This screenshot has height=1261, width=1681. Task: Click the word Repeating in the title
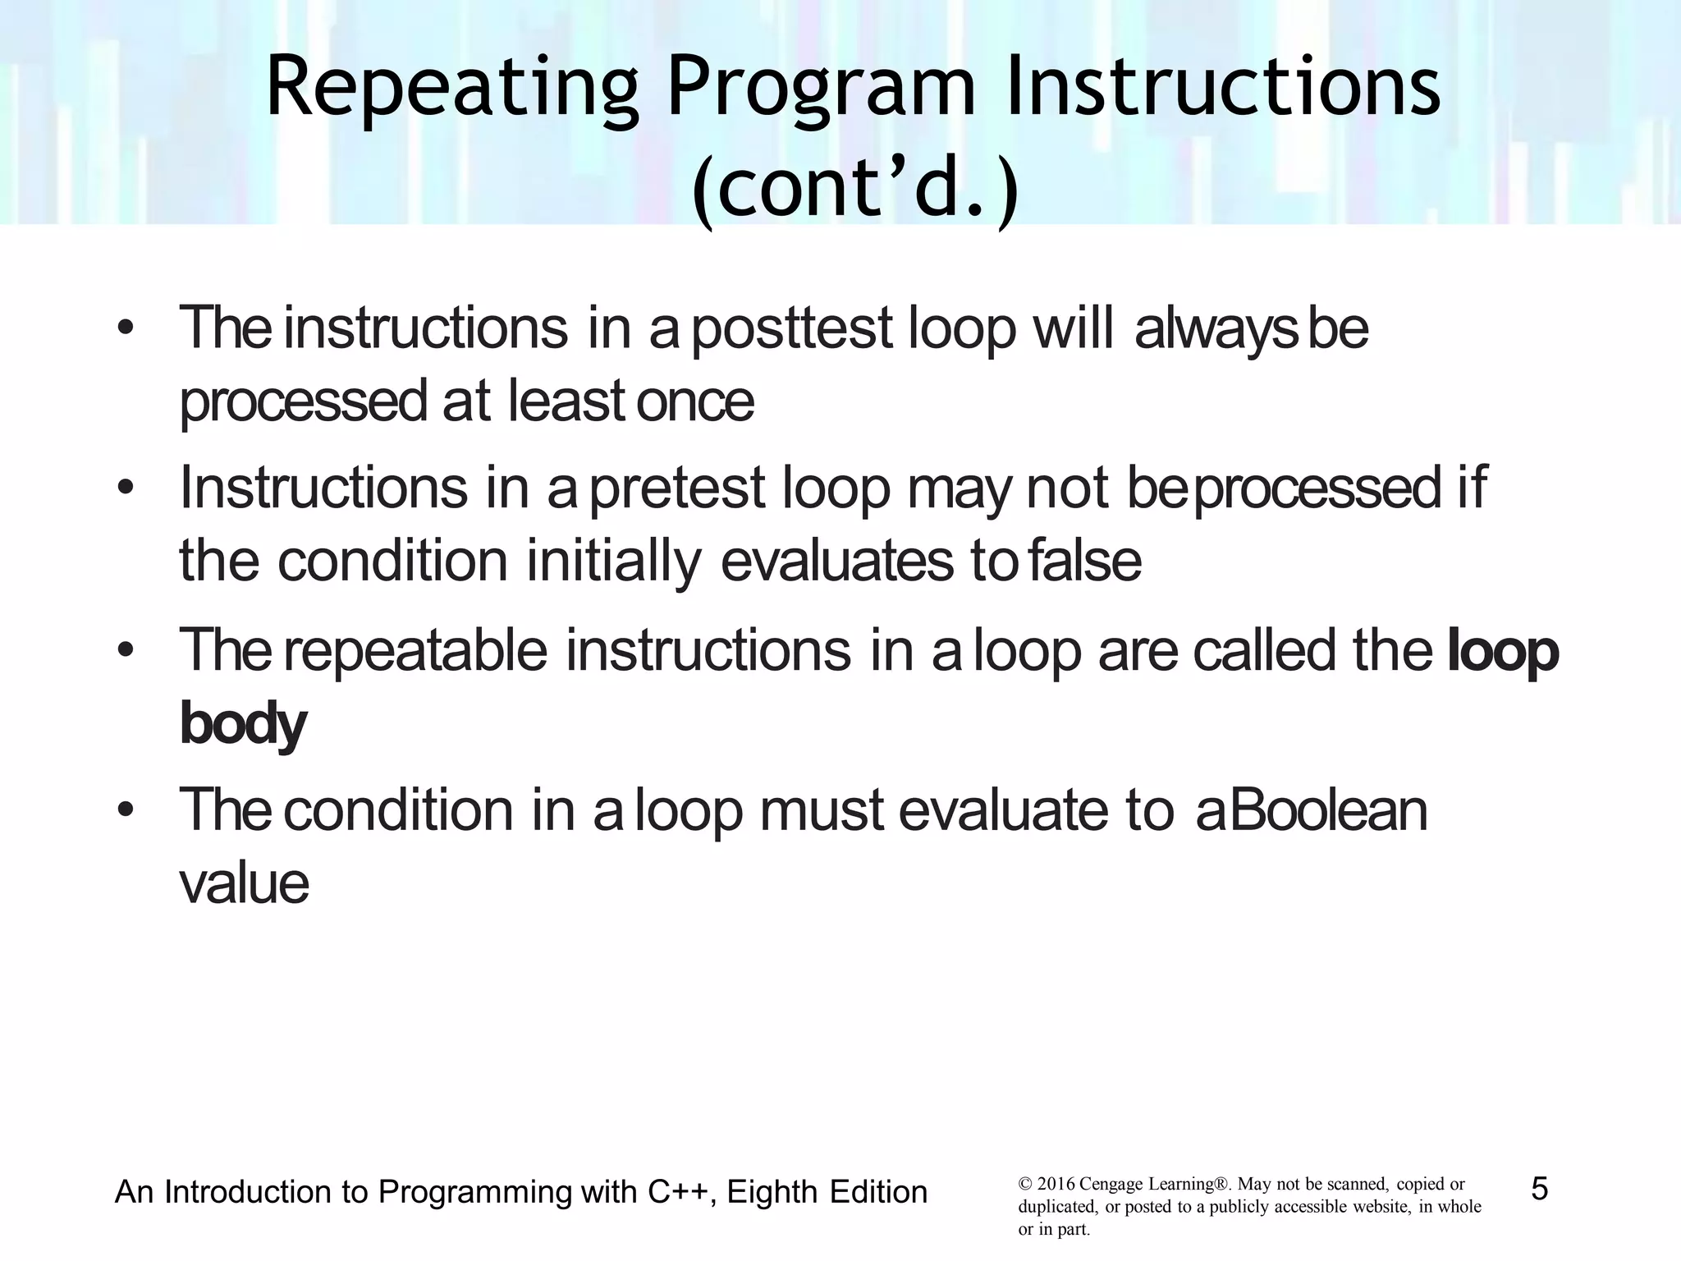tap(451, 88)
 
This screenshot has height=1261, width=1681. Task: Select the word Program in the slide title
tap(821, 88)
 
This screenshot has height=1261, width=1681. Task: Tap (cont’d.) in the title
tap(854, 188)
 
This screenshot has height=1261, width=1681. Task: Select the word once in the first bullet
tap(694, 401)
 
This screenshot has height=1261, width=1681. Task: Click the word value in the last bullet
tap(244, 883)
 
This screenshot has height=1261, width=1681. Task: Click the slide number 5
tap(1539, 1189)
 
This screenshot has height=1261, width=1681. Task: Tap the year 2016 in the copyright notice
tap(1056, 1185)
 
